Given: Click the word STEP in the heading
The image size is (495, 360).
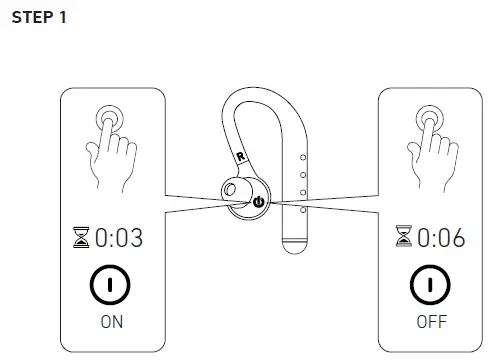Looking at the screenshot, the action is click(x=30, y=19).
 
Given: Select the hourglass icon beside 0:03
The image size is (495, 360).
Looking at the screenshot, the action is click(x=81, y=238).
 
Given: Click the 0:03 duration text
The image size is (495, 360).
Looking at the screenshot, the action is click(x=118, y=238).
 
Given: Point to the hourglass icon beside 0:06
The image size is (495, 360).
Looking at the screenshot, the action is click(x=400, y=238).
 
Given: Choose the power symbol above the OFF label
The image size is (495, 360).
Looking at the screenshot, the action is click(x=429, y=285).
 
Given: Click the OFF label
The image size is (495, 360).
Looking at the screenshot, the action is click(x=429, y=323).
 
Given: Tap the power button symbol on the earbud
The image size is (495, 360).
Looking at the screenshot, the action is click(x=258, y=201).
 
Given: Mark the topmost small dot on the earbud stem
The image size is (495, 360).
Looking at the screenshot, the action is click(x=302, y=157).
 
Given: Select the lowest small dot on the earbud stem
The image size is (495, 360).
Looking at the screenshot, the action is click(x=302, y=210).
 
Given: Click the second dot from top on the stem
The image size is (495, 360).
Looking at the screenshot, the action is click(x=302, y=174).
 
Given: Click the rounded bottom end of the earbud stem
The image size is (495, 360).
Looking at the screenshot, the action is click(x=294, y=243).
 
